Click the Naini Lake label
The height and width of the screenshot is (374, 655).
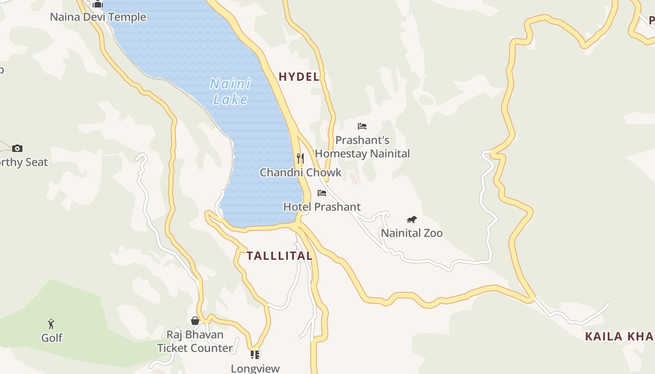click(x=230, y=91)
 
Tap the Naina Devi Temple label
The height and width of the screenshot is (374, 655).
click(x=98, y=17)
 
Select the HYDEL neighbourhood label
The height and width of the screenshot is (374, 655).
click(x=299, y=77)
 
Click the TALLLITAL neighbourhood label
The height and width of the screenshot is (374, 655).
click(x=279, y=256)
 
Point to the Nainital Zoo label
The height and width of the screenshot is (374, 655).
click(x=412, y=233)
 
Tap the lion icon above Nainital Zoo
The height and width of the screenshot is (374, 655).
click(x=412, y=219)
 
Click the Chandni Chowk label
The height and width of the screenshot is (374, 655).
click(x=301, y=173)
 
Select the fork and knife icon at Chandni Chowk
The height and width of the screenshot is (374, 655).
click(x=300, y=158)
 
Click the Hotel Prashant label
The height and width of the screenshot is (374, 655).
click(x=322, y=207)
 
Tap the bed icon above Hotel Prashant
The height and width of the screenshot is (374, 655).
click(x=322, y=193)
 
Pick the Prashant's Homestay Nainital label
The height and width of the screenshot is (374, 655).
click(x=362, y=147)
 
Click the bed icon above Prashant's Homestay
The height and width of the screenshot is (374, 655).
click(x=362, y=126)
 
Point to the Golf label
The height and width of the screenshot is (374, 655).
click(x=51, y=338)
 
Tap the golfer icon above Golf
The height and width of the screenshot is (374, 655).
click(x=51, y=324)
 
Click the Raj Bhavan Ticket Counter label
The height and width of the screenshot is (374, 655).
click(x=195, y=341)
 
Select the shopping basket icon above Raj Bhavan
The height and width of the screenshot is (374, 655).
click(x=195, y=321)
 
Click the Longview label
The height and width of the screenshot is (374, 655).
click(x=255, y=368)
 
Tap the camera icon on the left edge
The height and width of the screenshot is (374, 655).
click(x=17, y=148)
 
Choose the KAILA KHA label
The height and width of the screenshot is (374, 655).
click(x=619, y=337)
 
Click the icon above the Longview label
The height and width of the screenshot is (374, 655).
click(x=255, y=354)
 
